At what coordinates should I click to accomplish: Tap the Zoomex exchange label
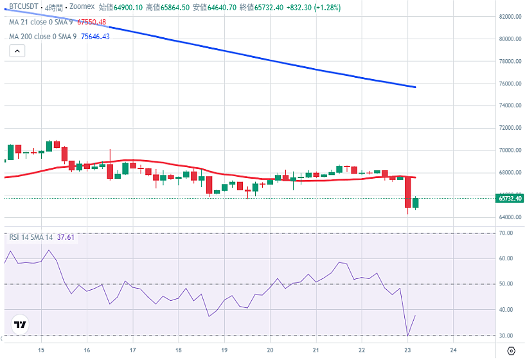tap(82, 8)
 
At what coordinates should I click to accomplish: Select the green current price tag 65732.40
tap(510, 199)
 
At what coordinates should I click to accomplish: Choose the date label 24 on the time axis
tap(453, 350)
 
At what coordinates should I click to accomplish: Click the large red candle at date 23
tap(407, 192)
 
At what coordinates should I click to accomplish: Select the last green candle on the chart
tap(415, 203)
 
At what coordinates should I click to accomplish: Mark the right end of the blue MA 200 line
tap(415, 87)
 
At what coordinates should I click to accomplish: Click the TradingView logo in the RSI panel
tap(21, 325)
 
